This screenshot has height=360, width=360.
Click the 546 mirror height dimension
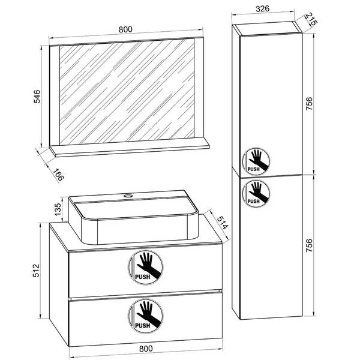tap(37, 97)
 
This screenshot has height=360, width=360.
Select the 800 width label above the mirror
tap(125, 29)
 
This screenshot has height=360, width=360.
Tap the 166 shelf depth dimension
tap(58, 175)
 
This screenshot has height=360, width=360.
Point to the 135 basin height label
tap(58, 209)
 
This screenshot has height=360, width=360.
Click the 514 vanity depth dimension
tap(222, 223)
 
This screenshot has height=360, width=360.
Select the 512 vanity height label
tap(36, 271)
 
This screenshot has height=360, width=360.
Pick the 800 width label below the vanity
tap(146, 349)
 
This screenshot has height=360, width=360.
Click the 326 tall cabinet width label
tap(262, 9)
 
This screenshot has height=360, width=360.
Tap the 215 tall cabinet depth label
tap(311, 20)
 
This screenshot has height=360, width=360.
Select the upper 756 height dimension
tap(309, 104)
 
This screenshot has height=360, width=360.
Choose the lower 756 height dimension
tap(309, 245)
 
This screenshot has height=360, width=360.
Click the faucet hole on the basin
tap(128, 196)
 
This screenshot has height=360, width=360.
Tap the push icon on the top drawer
tap(146, 267)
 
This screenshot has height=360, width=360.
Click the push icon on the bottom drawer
tap(146, 316)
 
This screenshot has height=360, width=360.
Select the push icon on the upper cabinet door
tap(256, 161)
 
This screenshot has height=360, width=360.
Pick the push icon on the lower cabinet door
tap(256, 193)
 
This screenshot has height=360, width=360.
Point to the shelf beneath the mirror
tap(130, 149)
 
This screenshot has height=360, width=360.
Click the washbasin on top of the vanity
tap(133, 217)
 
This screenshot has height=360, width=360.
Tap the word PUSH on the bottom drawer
tap(143, 326)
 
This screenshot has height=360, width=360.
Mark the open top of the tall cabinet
tap(268, 28)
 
